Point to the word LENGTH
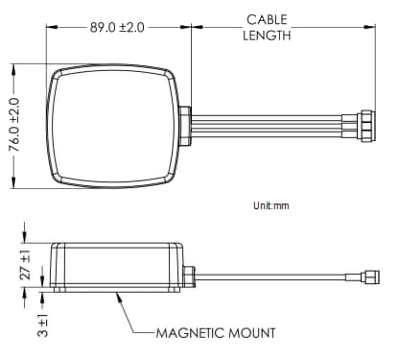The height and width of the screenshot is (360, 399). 268,36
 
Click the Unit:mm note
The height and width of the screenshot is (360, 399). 270,205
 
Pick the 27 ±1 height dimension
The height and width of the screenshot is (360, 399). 26,264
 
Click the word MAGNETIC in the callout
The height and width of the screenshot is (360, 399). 190,333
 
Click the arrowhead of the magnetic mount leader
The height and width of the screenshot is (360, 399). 116,293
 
